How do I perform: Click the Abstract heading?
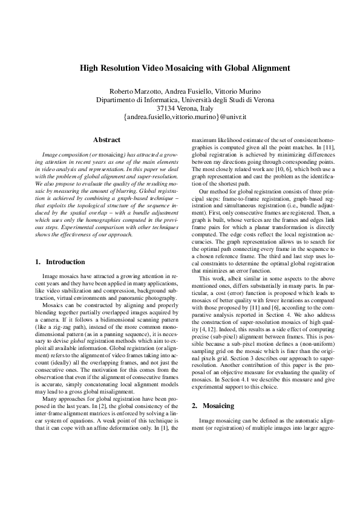point(106,140)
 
